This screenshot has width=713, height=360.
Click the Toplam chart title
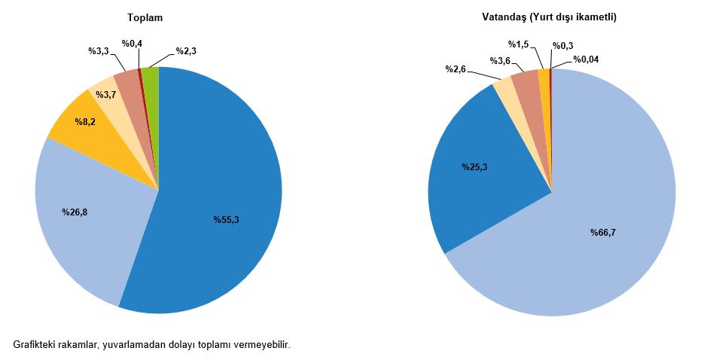point(145,17)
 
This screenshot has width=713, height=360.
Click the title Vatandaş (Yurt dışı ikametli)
point(550,17)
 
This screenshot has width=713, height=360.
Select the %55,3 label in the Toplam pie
point(226,220)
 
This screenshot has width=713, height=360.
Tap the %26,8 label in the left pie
point(75,212)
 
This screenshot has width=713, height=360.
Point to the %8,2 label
point(84,121)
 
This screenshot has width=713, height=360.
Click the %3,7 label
point(105,93)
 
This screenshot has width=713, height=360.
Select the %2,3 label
point(186,51)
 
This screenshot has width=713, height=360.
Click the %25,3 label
point(474,167)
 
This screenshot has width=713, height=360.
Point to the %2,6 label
point(456,69)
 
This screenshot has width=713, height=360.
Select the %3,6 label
point(501,60)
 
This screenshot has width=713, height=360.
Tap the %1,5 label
point(518,44)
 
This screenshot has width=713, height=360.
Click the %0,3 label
point(562,46)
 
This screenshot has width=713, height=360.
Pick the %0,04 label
point(586,59)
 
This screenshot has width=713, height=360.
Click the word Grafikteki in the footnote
point(35,344)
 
